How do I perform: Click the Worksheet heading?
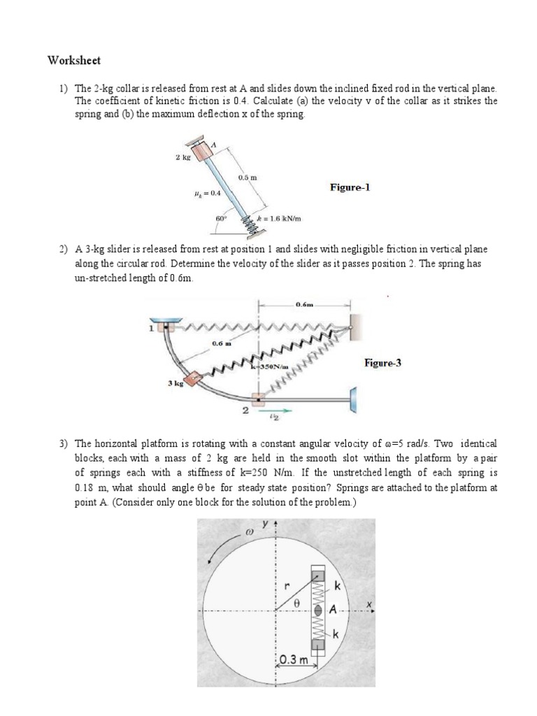[74, 60]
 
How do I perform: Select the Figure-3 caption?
[382, 363]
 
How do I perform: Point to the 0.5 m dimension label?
[247, 178]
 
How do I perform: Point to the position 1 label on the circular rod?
[150, 327]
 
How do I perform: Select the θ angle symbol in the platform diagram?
[296, 600]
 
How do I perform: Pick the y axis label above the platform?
[266, 523]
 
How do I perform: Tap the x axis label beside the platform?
[368, 602]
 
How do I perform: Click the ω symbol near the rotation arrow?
[246, 531]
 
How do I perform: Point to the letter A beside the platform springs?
[333, 610]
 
